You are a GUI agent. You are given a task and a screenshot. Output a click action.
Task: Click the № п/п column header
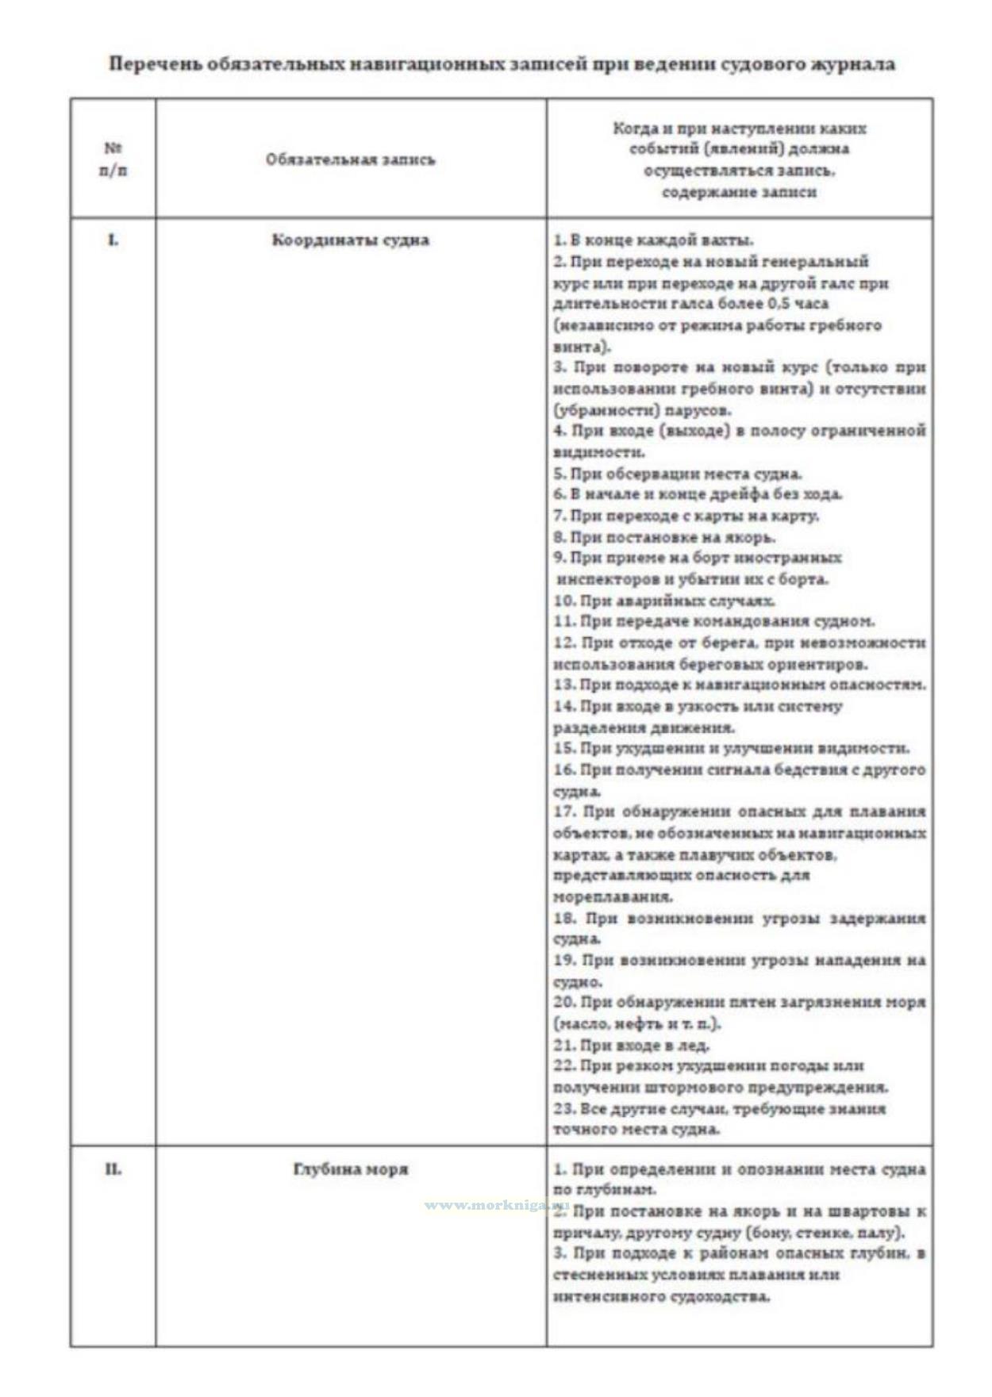tap(113, 159)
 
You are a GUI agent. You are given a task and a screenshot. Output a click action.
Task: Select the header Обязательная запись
tap(350, 159)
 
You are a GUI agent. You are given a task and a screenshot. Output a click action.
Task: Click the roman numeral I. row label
tap(113, 240)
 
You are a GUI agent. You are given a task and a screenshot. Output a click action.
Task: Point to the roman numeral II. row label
tap(113, 1169)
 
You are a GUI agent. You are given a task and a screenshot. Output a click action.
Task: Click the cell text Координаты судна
tap(350, 240)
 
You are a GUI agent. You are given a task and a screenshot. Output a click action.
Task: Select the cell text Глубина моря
tap(350, 1169)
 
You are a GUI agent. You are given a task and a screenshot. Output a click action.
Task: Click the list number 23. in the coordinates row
tap(564, 1108)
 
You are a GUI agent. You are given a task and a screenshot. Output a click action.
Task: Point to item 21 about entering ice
tap(632, 1045)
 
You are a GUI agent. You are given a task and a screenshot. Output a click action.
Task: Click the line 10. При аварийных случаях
tap(664, 601)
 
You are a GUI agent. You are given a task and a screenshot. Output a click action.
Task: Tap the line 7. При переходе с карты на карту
tap(686, 516)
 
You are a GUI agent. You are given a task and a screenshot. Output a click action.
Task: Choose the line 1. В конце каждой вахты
tap(653, 240)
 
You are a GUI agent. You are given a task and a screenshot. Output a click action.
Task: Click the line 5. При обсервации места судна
tap(678, 474)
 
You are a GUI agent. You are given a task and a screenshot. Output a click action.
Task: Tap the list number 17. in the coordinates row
tap(564, 812)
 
